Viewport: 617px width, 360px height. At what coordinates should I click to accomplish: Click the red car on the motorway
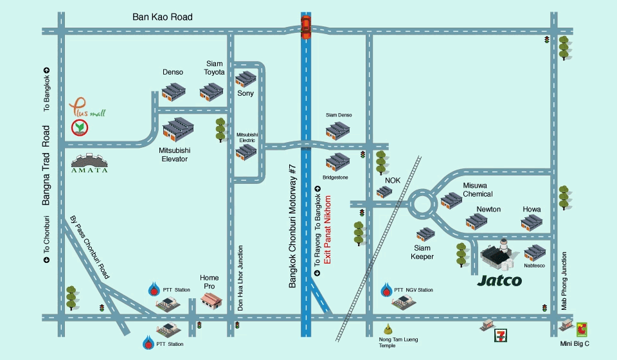tap(305, 27)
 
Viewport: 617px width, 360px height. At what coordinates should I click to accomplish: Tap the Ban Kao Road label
tap(163, 17)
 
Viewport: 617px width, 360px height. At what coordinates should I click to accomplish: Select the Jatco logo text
tap(499, 280)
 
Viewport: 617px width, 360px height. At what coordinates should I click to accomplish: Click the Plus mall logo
tap(87, 107)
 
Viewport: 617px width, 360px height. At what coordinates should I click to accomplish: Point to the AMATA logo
tap(89, 163)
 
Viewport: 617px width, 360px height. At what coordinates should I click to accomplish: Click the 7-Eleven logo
tap(501, 335)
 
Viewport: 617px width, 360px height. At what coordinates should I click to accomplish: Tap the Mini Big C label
tap(575, 343)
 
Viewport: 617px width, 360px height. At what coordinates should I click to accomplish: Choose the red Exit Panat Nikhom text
tap(327, 230)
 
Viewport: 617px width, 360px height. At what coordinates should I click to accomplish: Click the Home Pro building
tap(211, 301)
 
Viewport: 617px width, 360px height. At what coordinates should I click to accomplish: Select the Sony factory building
tap(246, 78)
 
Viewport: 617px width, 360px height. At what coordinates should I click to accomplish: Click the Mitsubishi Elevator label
tap(175, 155)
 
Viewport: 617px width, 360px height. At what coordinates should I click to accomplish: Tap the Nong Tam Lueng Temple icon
tap(388, 328)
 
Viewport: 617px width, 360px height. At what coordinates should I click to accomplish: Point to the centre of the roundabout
tap(422, 204)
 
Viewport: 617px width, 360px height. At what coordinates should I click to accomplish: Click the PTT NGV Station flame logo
tap(386, 289)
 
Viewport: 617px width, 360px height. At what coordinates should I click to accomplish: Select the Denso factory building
tap(173, 92)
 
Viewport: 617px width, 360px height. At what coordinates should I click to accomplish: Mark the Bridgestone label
tap(335, 177)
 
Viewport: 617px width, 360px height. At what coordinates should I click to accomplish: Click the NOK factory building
tap(384, 191)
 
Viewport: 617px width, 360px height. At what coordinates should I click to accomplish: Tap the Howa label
tap(532, 210)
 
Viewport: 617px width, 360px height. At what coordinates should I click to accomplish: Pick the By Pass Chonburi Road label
tap(89, 247)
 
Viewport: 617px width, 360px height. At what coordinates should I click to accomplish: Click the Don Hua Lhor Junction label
tap(240, 278)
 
